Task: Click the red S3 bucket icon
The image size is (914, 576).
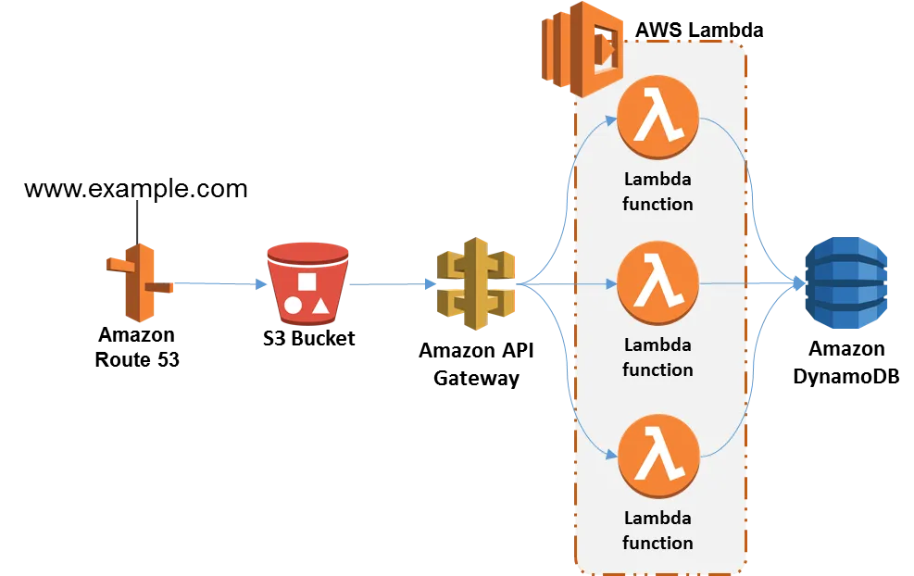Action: click(x=307, y=283)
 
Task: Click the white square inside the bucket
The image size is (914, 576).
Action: click(x=307, y=282)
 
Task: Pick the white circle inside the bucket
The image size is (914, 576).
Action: click(x=293, y=305)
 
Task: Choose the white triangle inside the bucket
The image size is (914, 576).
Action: click(x=320, y=304)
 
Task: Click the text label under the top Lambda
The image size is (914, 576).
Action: click(x=657, y=191)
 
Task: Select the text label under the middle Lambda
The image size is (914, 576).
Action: click(x=657, y=357)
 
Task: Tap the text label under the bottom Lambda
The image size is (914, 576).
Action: click(x=657, y=530)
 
